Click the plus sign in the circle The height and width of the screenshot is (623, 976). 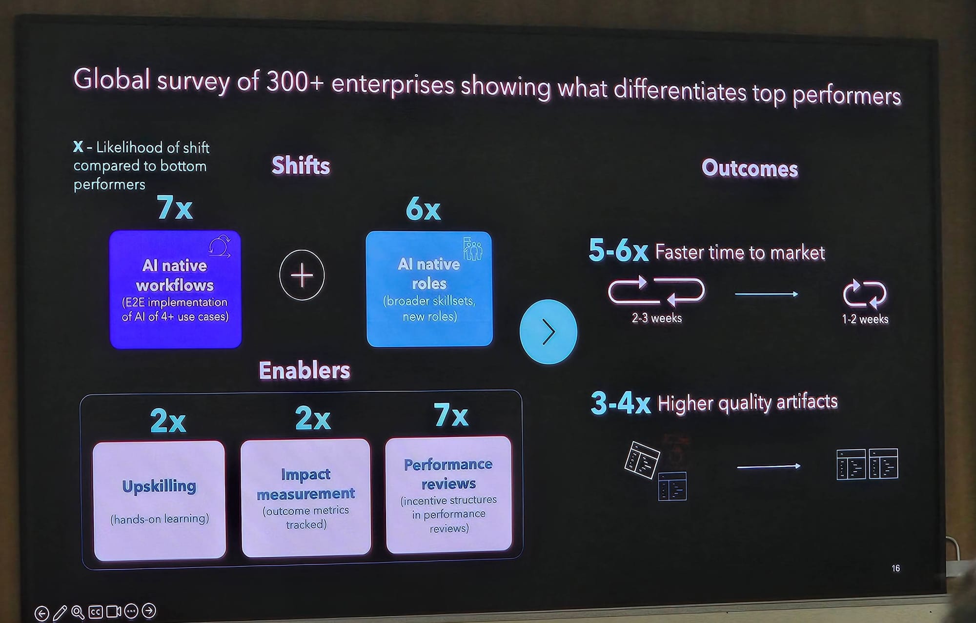[x=302, y=275]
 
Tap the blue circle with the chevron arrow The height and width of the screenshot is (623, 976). [x=549, y=332]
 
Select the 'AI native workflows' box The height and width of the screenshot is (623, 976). [x=176, y=289]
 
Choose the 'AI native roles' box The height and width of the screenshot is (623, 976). [x=429, y=289]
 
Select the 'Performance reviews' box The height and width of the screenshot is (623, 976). [x=448, y=495]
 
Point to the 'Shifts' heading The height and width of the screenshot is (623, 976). [x=301, y=165]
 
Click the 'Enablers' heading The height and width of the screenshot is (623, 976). [x=305, y=370]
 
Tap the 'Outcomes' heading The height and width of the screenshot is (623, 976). [x=750, y=168]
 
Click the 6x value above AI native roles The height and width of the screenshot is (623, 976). [x=423, y=209]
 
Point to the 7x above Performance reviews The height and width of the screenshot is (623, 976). [x=451, y=415]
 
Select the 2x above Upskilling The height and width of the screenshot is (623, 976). [x=168, y=420]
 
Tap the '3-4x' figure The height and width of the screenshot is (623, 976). [x=620, y=403]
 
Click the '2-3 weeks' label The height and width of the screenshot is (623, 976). [x=656, y=318]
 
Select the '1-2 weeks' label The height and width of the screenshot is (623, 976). [x=865, y=319]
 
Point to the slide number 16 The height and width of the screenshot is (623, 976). [x=895, y=568]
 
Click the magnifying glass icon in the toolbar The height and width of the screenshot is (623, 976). [x=78, y=612]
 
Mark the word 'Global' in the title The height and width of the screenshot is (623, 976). [x=111, y=79]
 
